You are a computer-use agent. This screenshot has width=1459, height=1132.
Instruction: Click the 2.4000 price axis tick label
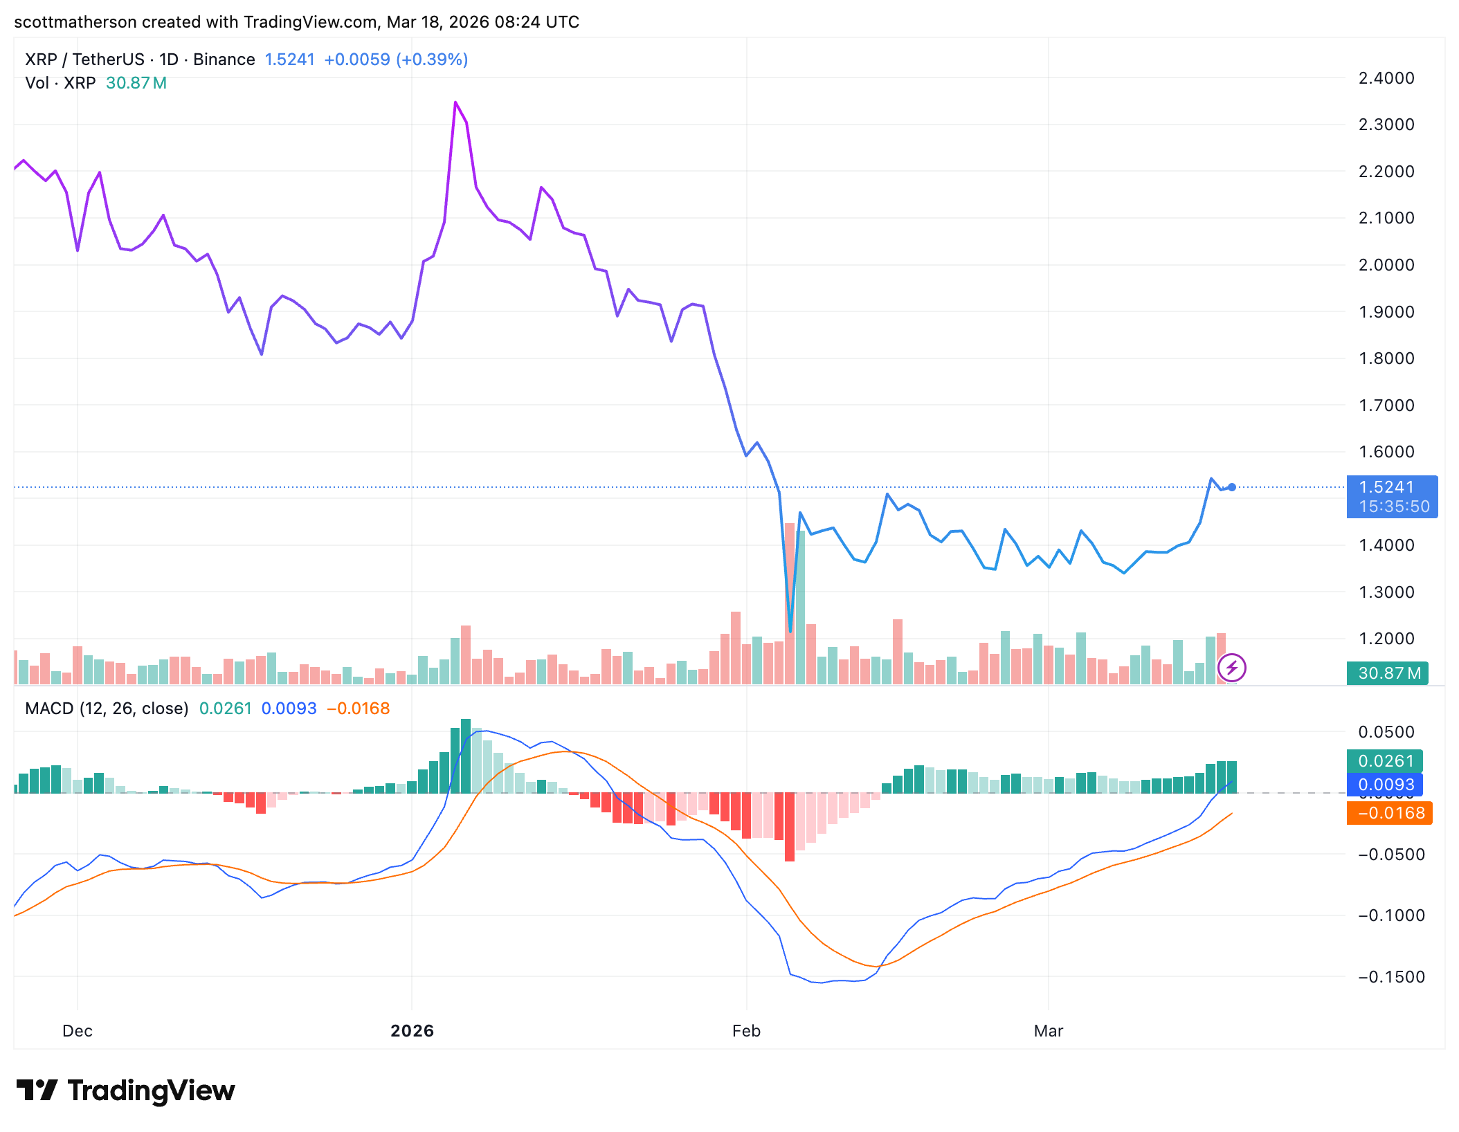coord(1386,78)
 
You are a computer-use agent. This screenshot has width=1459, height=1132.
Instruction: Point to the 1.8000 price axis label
coord(1386,358)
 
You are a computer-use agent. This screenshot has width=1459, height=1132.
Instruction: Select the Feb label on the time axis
coord(746,1031)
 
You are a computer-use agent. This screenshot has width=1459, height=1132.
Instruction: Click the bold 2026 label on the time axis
coord(412,1031)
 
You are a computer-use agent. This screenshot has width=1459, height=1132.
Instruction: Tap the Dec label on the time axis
coord(78,1031)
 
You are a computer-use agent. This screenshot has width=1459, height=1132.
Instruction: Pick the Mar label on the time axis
coord(1048,1031)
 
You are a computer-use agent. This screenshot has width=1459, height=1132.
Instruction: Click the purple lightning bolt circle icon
coord(1231,668)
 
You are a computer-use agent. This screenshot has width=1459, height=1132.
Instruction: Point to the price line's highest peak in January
coord(455,102)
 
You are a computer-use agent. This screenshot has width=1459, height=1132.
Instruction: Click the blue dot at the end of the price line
coord(1232,487)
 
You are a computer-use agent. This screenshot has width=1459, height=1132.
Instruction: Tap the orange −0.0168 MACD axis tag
coord(1389,813)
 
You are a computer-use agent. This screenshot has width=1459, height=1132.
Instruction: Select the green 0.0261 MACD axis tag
coord(1384,761)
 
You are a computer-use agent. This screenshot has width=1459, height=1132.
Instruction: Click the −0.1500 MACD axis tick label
coord(1391,977)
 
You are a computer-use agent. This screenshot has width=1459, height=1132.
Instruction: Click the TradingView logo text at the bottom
coord(151,1090)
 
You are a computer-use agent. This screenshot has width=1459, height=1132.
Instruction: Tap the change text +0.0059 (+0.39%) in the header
coord(396,60)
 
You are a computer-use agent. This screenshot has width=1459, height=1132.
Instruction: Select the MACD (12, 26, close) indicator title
coord(107,709)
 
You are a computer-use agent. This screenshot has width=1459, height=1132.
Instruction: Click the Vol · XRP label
coord(60,83)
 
